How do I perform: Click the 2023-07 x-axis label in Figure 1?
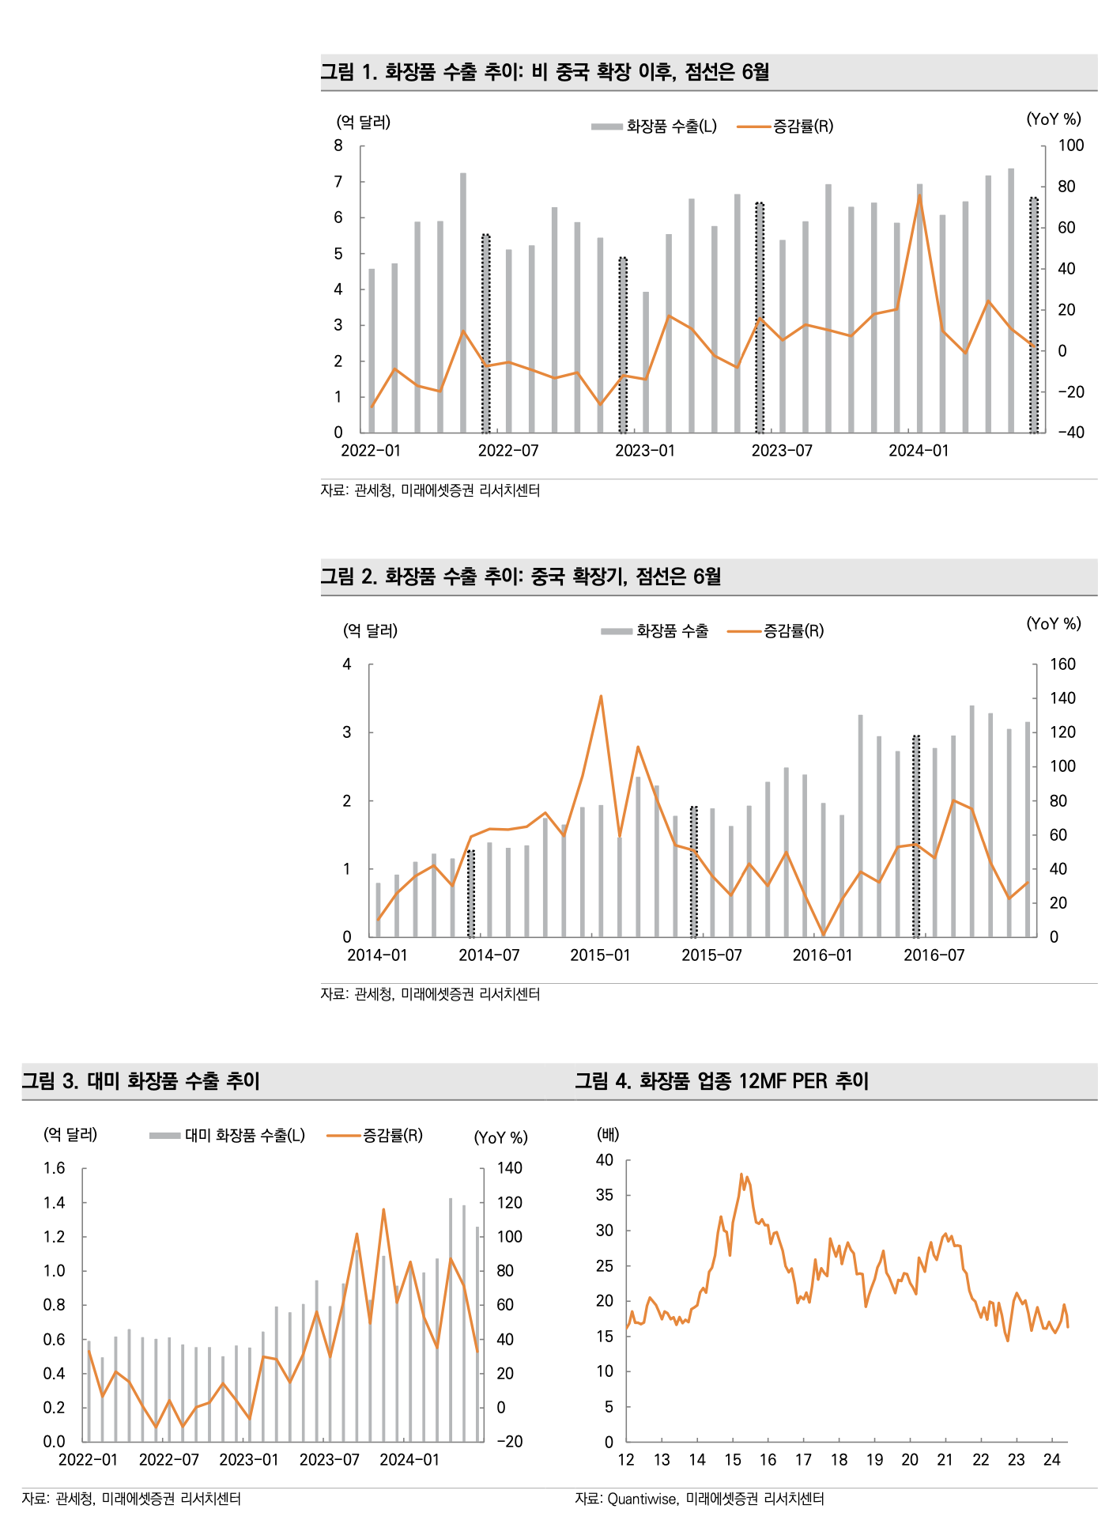pyautogui.click(x=781, y=451)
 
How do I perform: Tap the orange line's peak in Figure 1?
pyautogui.click(x=919, y=195)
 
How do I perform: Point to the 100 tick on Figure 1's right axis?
pyautogui.click(x=1070, y=146)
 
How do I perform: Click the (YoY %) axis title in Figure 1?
pyautogui.click(x=1053, y=119)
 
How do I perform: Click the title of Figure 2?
pyautogui.click(x=521, y=577)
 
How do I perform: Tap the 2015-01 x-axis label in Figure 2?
pyautogui.click(x=600, y=955)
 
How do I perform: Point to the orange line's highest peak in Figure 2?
pyautogui.click(x=601, y=697)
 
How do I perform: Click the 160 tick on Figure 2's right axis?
pyautogui.click(x=1062, y=664)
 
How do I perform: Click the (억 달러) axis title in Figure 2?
pyautogui.click(x=370, y=631)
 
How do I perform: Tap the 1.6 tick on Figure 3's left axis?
pyautogui.click(x=55, y=1168)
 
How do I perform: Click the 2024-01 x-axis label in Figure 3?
pyautogui.click(x=409, y=1460)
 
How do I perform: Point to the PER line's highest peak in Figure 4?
pyautogui.click(x=741, y=1174)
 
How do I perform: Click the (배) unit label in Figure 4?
pyautogui.click(x=608, y=1135)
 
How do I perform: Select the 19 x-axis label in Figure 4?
pyautogui.click(x=874, y=1460)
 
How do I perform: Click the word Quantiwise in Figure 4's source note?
pyautogui.click(x=642, y=1499)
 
